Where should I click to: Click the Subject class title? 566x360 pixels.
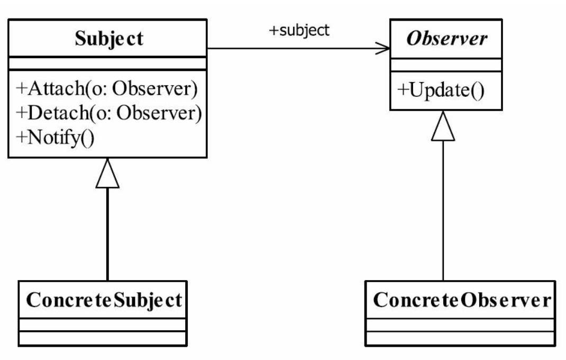pos(109,39)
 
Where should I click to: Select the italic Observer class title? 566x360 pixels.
pos(447,38)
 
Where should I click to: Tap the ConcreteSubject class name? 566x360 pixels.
pos(104,300)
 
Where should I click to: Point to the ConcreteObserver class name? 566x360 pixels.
pos(462,300)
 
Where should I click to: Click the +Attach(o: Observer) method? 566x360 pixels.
pos(107,88)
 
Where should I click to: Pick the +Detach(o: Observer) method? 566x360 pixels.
pos(108,113)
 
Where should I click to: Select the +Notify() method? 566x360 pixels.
pos(55,138)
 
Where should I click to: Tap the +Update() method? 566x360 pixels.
pos(441,91)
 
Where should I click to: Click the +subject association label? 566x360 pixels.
pos(299,30)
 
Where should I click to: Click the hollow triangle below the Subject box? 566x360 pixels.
pos(107,174)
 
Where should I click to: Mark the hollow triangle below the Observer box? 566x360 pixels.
pos(443,126)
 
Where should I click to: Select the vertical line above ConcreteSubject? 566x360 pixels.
pos(107,234)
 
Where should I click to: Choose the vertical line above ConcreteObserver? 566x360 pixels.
pos(443,211)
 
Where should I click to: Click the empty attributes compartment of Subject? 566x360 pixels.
pos(107,63)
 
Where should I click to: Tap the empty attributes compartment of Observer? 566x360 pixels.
pos(446,65)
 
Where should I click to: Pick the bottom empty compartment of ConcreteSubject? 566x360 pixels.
pos(103,338)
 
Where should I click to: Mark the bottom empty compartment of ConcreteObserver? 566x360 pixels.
pos(460,338)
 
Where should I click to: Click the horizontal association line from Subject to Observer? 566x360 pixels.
pos(298,48)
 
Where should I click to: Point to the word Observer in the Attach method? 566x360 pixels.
pos(155,88)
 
